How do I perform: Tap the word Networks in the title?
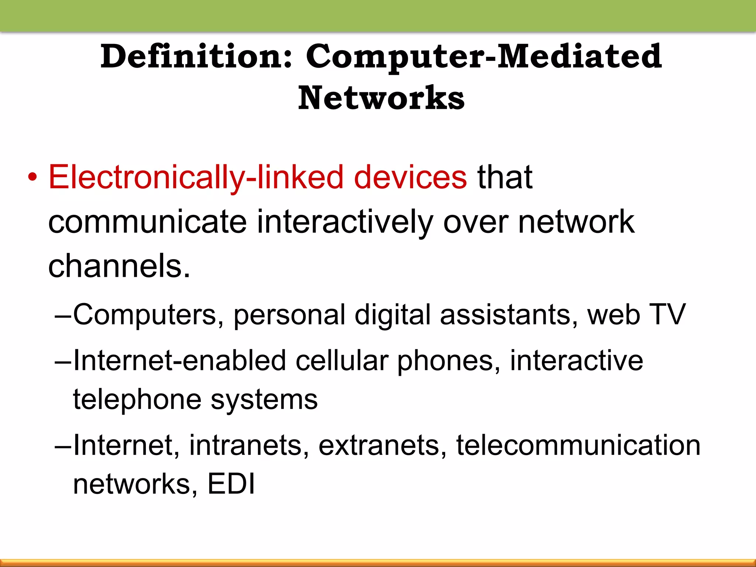(381, 98)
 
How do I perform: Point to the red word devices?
(410, 177)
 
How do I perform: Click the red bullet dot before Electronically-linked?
(32, 178)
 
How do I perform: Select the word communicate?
(147, 222)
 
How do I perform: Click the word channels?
(119, 266)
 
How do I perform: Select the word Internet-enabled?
(180, 361)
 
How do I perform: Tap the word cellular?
(342, 361)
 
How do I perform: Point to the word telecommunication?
(578, 445)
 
